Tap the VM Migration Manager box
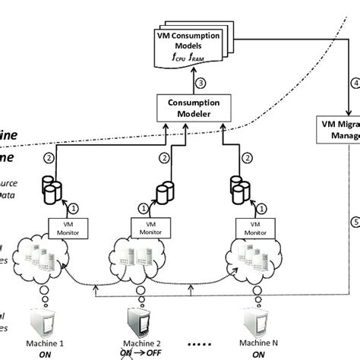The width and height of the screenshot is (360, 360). point(338,128)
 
